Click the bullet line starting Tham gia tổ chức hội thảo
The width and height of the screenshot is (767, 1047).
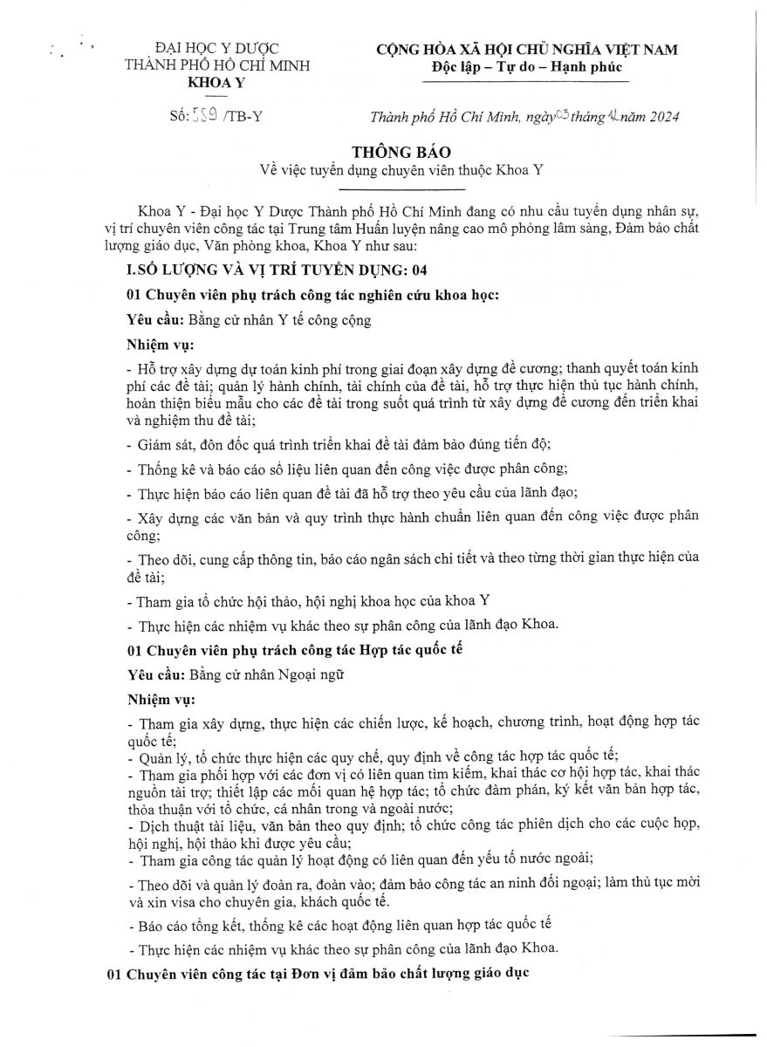pos(308,600)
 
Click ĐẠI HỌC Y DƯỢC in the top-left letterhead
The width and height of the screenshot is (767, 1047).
pos(217,49)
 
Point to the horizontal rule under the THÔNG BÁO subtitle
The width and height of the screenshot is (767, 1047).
pos(402,189)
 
